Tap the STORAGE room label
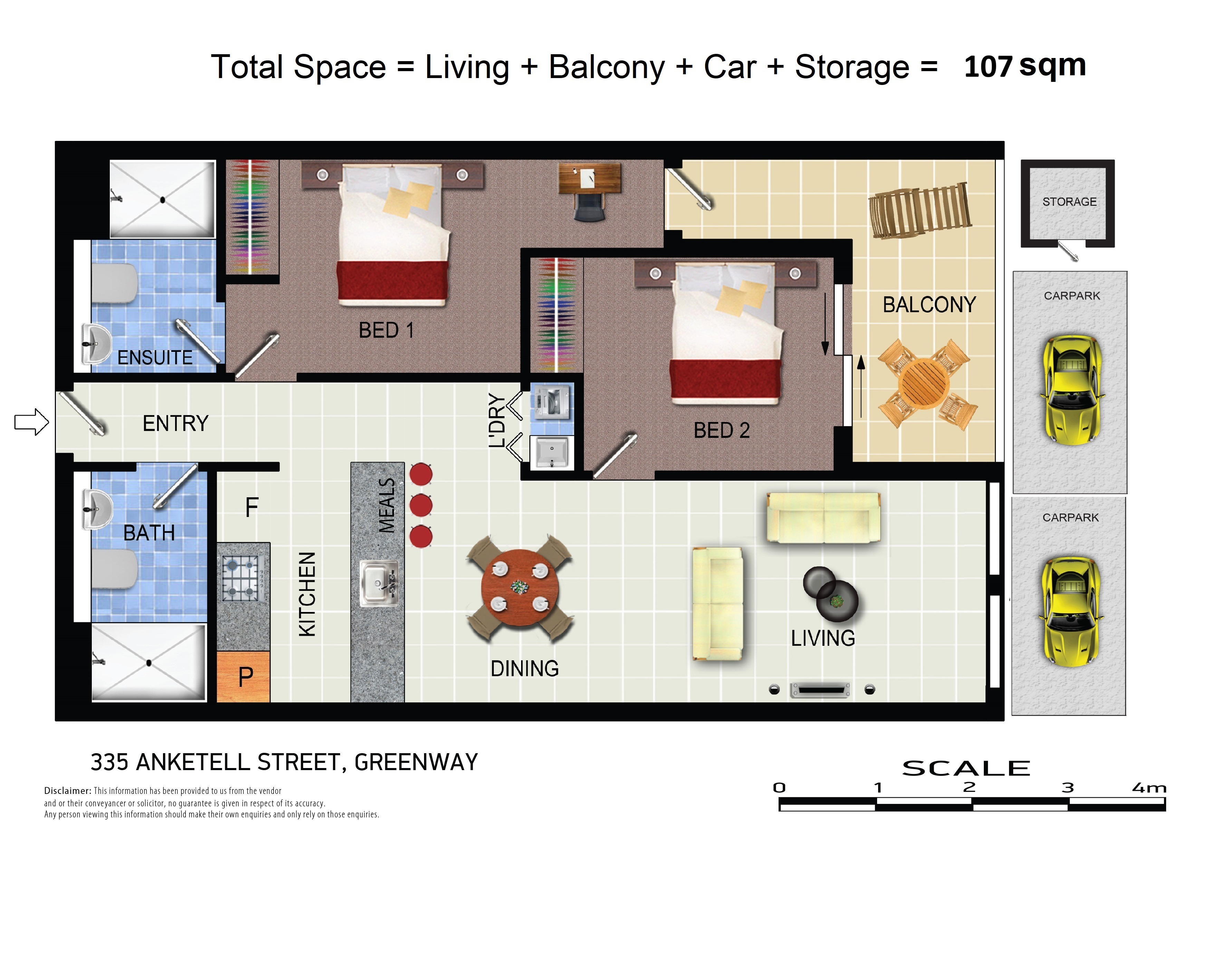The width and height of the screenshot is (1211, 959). point(1069,202)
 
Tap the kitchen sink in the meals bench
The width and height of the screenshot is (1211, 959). point(379,583)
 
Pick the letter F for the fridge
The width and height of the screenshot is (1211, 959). point(251,508)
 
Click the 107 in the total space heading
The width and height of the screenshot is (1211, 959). point(988,67)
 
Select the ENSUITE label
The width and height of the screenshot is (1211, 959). point(155,358)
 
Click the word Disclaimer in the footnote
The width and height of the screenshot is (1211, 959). point(67,790)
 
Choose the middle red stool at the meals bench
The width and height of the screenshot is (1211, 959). point(421,505)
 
